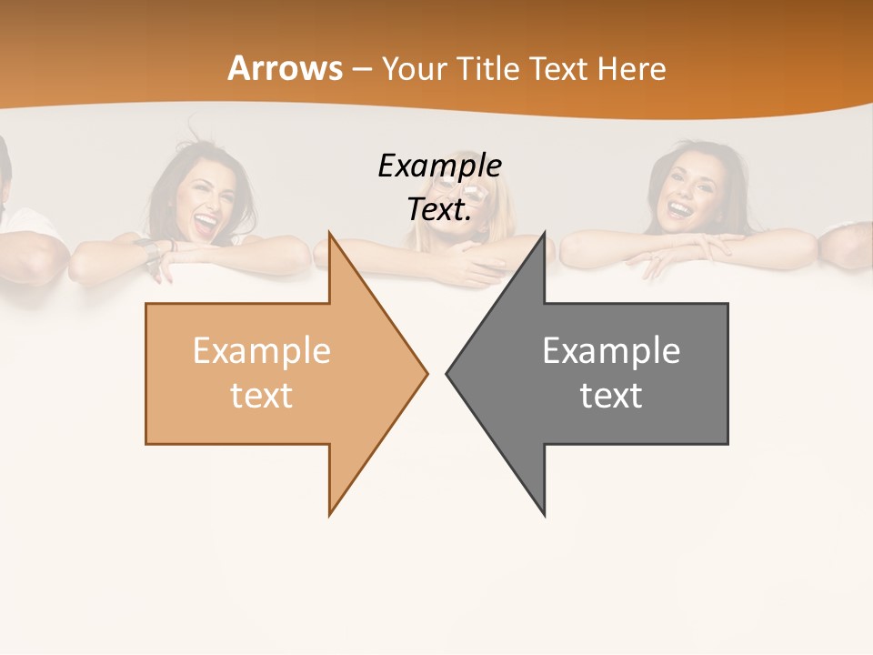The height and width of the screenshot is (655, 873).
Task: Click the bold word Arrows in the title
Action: [x=286, y=68]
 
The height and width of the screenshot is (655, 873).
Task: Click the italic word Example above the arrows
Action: [x=439, y=166]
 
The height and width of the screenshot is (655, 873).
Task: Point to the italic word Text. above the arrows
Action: [x=439, y=209]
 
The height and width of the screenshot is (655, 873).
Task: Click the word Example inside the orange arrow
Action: [x=262, y=350]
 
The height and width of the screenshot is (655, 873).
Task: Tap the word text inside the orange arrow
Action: [x=262, y=395]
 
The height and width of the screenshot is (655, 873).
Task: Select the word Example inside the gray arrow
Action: [x=611, y=350]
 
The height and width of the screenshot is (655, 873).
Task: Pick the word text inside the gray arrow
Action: [x=611, y=395]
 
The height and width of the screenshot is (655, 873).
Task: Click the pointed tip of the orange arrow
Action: [x=426, y=372]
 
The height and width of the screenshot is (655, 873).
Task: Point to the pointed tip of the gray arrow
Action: [x=448, y=372]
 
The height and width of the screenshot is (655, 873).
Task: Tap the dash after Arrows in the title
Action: [x=361, y=69]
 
